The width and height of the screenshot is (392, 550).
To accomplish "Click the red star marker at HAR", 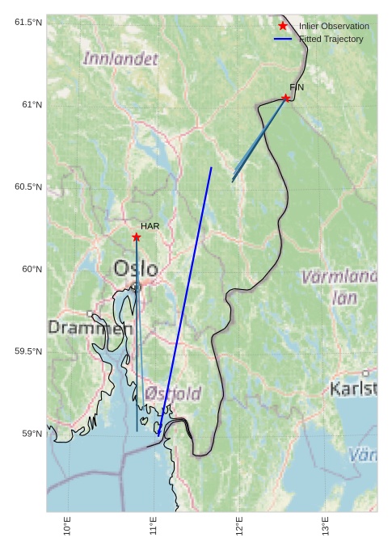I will click(136, 237).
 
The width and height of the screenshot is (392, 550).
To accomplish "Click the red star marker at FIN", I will click(285, 99).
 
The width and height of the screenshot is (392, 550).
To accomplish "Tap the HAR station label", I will click(150, 226).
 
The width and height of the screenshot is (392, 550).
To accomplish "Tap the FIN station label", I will click(297, 86).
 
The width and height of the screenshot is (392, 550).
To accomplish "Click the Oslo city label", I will click(136, 268).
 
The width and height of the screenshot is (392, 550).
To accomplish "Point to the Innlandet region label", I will click(120, 59).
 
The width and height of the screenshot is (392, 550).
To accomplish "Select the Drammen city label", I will click(90, 329).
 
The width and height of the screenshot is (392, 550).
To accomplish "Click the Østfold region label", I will click(174, 394).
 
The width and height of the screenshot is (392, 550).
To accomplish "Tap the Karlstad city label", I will click(353, 389).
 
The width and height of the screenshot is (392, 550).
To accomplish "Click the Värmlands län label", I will click(339, 287).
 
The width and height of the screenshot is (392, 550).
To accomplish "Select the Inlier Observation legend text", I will click(334, 27).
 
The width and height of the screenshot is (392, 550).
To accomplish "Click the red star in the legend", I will click(282, 27).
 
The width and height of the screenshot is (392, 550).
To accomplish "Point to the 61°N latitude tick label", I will click(29, 104).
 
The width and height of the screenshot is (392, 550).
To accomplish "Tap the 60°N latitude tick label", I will click(29, 269).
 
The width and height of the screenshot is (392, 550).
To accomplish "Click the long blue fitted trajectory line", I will click(185, 299).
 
